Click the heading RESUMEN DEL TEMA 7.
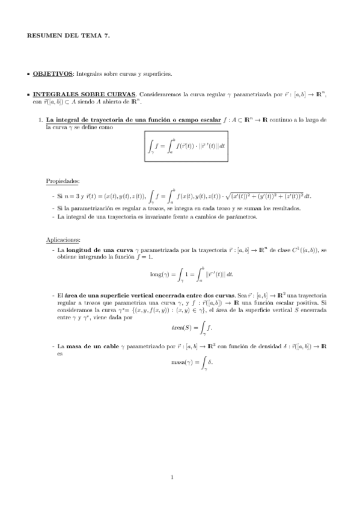click(x=68, y=37)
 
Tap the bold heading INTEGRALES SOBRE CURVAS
click(x=84, y=94)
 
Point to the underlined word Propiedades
click(x=63, y=181)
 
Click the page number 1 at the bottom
click(x=172, y=478)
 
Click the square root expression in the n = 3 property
click(x=263, y=195)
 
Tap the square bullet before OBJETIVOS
click(x=28, y=74)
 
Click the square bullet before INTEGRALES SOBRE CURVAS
click(x=28, y=95)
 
